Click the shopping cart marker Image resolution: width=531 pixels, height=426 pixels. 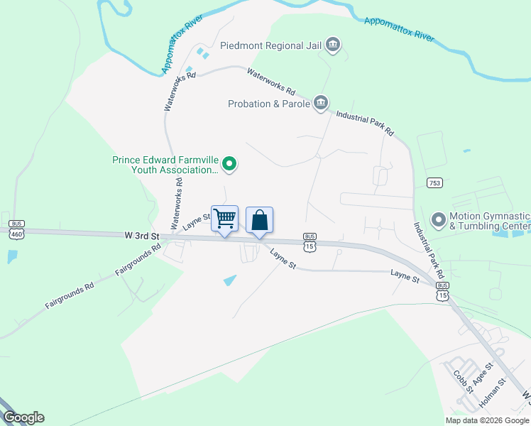click(x=224, y=219)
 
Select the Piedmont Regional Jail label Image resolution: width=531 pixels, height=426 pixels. click(x=270, y=45)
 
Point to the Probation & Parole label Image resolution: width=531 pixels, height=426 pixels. click(x=269, y=104)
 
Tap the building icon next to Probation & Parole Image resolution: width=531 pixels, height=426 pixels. click(x=321, y=104)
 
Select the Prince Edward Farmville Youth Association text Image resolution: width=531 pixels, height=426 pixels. click(x=165, y=165)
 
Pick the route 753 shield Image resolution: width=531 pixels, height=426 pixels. click(x=435, y=183)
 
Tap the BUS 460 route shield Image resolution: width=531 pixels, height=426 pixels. click(x=16, y=228)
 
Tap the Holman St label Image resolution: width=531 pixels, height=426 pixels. click(x=493, y=392)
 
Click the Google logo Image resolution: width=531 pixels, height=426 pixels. click(x=23, y=417)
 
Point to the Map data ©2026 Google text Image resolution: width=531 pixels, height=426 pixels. click(x=487, y=420)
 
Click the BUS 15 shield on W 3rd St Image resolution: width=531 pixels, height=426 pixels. click(x=310, y=242)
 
